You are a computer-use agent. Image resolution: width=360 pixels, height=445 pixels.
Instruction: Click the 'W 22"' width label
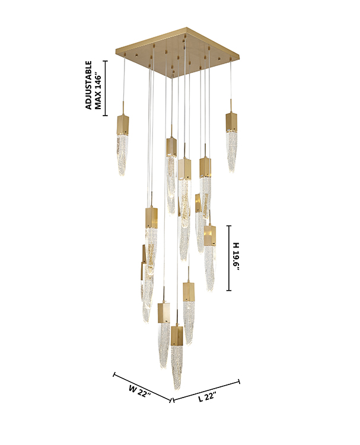pos(139,392)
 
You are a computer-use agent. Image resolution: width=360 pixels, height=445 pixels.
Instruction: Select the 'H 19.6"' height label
pos(236,256)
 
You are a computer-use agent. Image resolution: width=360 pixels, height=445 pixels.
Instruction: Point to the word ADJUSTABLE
pos(89,85)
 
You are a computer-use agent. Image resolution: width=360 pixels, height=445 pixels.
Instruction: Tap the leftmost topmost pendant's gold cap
pos(123,124)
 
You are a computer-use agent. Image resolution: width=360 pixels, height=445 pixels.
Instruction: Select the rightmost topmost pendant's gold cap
pos(231,122)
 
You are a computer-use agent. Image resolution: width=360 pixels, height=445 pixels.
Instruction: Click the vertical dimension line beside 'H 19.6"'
pos(229,258)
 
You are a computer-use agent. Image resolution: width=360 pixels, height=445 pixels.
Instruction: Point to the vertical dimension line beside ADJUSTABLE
pos(105,88)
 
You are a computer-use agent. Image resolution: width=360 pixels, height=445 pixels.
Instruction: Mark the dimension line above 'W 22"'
pos(142,387)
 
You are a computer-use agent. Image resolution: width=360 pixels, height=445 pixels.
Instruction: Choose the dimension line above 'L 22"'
pos(206,391)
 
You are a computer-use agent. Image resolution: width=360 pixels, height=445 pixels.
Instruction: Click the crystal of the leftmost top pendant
pos(122,153)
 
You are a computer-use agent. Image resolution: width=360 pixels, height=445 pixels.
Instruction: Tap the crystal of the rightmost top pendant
pos(232,151)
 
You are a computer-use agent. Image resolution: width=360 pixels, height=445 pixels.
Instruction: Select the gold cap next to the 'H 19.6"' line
pos(210,236)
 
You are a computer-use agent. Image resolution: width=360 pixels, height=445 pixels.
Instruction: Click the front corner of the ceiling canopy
pos(173,77)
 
